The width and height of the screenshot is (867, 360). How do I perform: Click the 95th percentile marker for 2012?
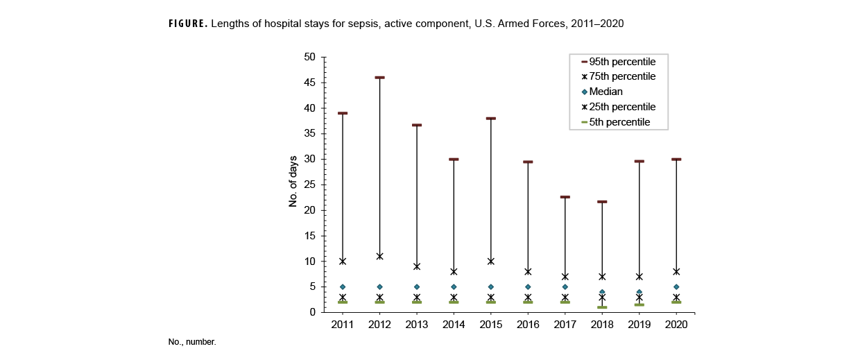379,78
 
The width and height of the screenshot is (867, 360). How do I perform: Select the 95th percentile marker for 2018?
602,202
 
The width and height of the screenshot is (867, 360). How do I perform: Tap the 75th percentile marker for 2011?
343,262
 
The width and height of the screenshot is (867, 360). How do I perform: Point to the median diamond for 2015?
491,287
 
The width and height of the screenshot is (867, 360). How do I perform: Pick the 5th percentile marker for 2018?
602,307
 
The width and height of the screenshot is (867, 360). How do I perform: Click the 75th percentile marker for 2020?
676,271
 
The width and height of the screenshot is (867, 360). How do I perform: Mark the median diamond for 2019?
639,292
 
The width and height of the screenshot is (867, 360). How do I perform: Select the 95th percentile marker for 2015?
491,119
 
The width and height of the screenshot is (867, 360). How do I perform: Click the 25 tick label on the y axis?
309,185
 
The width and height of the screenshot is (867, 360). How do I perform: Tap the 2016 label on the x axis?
528,325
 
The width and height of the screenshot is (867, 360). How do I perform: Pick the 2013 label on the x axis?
417,325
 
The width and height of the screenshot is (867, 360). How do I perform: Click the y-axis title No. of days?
293,182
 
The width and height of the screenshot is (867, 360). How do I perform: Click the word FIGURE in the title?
187,24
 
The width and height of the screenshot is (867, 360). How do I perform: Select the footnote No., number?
192,343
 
